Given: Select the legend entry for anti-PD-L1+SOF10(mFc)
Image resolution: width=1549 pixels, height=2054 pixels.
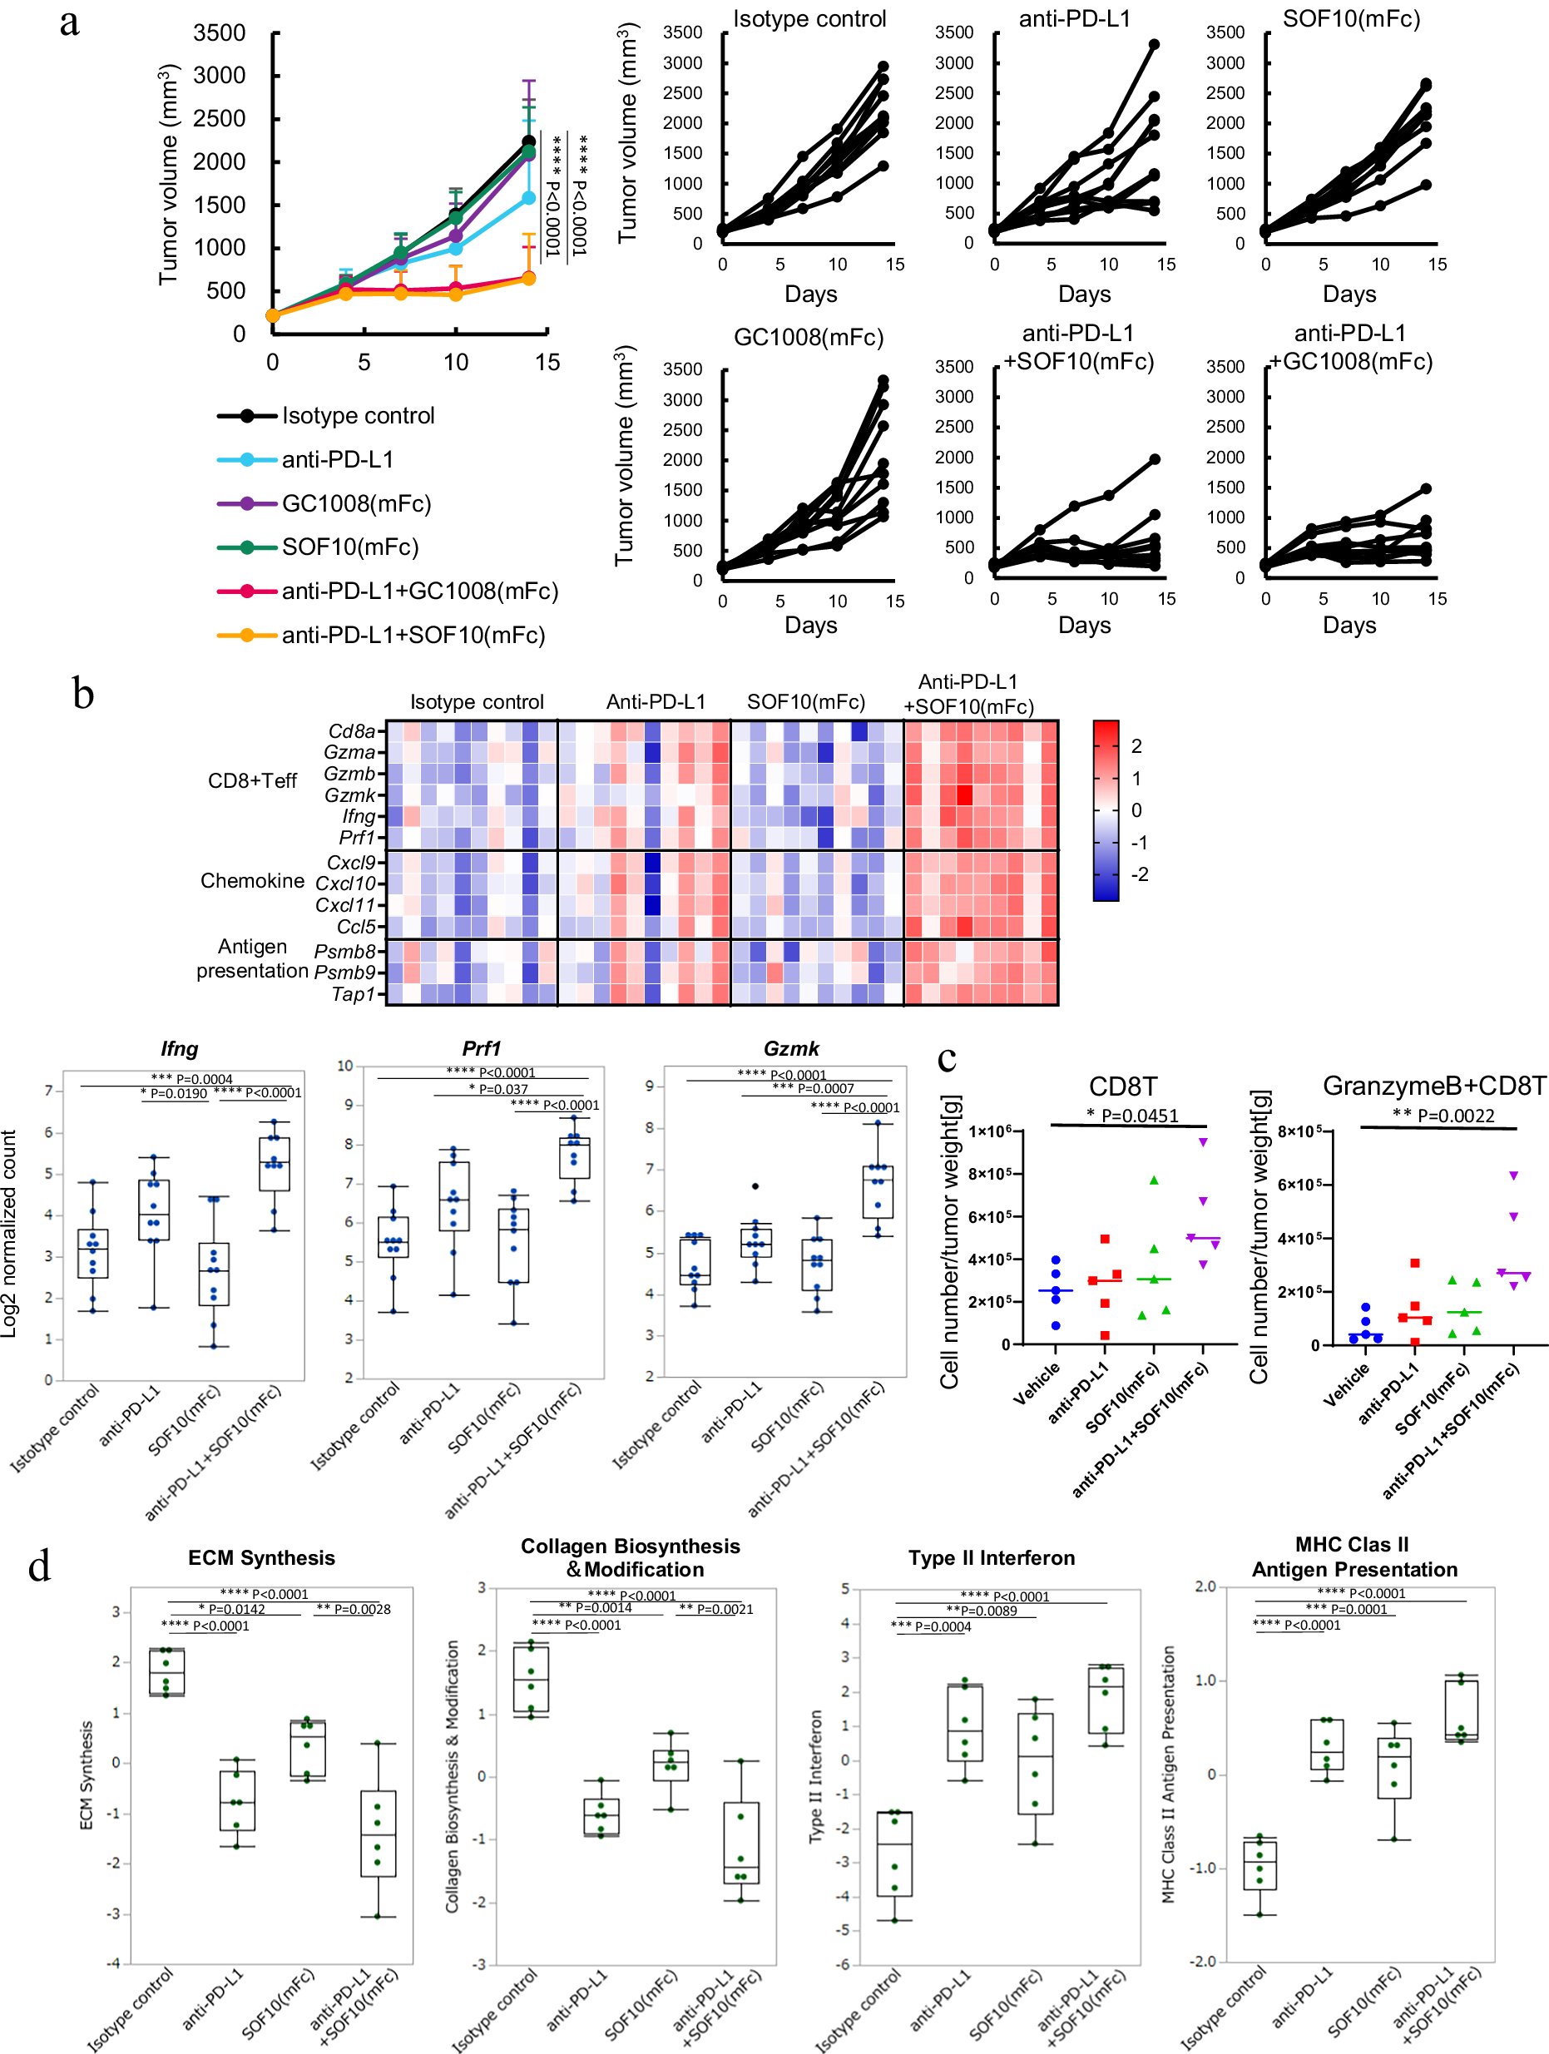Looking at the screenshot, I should click(x=413, y=635).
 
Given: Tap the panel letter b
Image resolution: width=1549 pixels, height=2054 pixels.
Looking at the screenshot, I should click(x=82, y=694).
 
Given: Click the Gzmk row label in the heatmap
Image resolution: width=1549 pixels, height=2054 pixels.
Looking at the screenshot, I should click(x=349, y=794).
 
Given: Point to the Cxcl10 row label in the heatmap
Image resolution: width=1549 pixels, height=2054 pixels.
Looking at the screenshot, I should click(x=344, y=883).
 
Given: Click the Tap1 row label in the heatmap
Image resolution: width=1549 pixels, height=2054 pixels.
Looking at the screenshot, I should click(x=353, y=993).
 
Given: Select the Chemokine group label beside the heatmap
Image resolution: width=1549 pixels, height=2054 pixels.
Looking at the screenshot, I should click(x=252, y=880).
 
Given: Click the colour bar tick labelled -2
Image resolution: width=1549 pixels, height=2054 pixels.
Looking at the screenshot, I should click(x=1139, y=874).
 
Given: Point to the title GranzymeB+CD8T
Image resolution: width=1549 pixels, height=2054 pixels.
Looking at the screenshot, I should click(x=1433, y=1086).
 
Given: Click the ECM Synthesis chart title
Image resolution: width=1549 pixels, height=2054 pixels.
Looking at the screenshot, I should click(x=261, y=1557).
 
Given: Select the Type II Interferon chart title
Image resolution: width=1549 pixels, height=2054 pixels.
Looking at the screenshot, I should click(x=991, y=1557).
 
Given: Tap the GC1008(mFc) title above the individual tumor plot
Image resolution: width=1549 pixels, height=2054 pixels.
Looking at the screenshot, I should click(x=808, y=337).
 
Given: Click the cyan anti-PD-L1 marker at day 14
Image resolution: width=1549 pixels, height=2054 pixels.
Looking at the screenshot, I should click(x=528, y=198).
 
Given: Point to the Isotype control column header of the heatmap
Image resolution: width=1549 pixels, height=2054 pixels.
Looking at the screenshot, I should click(x=477, y=702).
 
